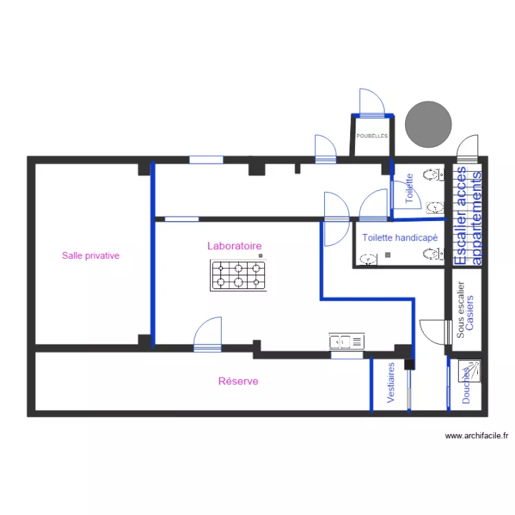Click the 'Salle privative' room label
point(91,255)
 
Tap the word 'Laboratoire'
point(234,245)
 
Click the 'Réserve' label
point(238,381)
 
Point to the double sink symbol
point(346,341)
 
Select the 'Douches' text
point(466,385)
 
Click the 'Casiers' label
point(470,313)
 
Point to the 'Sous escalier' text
point(461,310)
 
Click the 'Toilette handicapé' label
point(400,238)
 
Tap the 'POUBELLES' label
point(371,136)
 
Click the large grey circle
point(428,124)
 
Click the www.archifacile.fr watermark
point(477,435)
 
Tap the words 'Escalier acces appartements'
point(469,215)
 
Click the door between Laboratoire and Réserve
point(208,334)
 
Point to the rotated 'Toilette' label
point(409,188)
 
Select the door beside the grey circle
point(468,148)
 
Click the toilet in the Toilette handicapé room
point(431,255)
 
